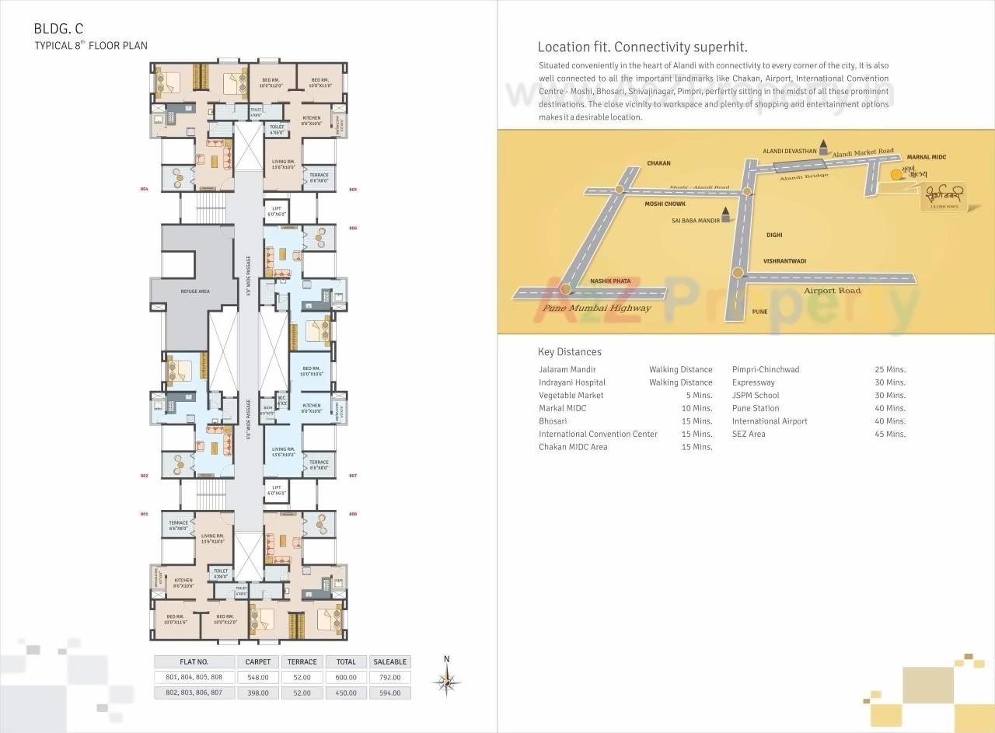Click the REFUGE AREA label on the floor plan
(194, 291)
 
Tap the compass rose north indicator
(446, 682)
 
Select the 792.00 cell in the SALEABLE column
(389, 677)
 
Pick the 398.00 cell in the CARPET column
(258, 693)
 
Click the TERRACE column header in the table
(302, 661)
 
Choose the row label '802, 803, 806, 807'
(194, 693)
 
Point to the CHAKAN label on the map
(658, 163)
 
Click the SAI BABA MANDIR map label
(695, 220)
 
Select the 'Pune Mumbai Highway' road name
(597, 308)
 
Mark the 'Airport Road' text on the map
(832, 291)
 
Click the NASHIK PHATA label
(610, 281)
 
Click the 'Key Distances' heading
(569, 352)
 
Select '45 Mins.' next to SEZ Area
(890, 434)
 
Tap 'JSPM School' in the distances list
(755, 395)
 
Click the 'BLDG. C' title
(58, 29)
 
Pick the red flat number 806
(353, 229)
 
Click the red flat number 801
(144, 515)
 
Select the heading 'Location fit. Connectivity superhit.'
(642, 47)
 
